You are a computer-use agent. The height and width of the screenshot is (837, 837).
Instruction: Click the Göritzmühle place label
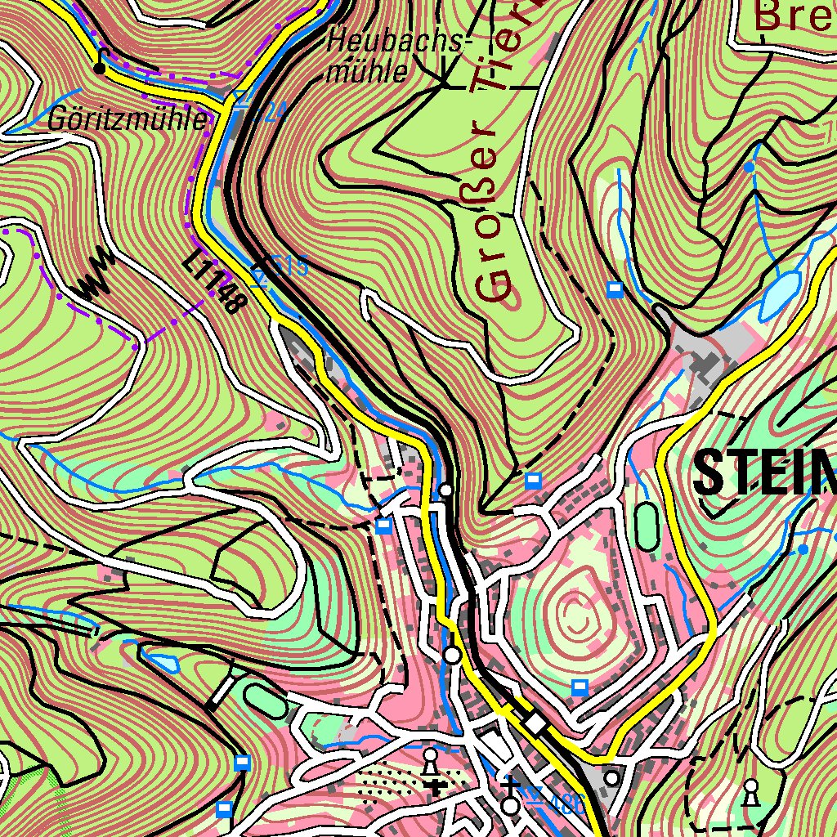tap(127, 120)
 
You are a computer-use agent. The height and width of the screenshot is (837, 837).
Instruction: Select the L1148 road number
tap(215, 283)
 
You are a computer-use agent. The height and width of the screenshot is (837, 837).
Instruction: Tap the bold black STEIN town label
tap(764, 473)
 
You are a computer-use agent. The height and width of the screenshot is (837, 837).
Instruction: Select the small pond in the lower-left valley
tap(159, 658)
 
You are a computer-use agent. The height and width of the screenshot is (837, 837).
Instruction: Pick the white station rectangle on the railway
tap(536, 723)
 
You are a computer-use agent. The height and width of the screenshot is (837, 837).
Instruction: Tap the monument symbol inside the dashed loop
tap(750, 790)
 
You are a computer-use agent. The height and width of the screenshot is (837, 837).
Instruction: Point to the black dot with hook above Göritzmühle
tap(100, 67)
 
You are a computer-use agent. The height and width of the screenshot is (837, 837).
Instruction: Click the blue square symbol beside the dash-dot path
tap(615, 289)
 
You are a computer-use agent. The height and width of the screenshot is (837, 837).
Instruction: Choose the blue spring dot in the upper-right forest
tap(748, 167)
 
